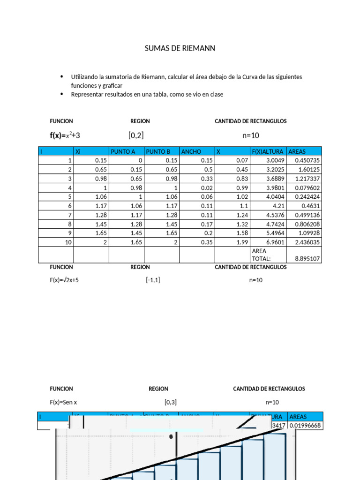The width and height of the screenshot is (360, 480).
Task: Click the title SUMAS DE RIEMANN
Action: coord(180,49)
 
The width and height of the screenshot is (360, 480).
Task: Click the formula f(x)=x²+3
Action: coord(68,135)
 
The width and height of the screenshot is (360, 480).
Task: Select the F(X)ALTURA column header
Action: coord(268,151)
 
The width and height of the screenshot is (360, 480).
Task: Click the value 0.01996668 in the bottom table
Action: coord(305,425)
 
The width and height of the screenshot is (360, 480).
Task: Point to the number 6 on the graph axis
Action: coord(171,437)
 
